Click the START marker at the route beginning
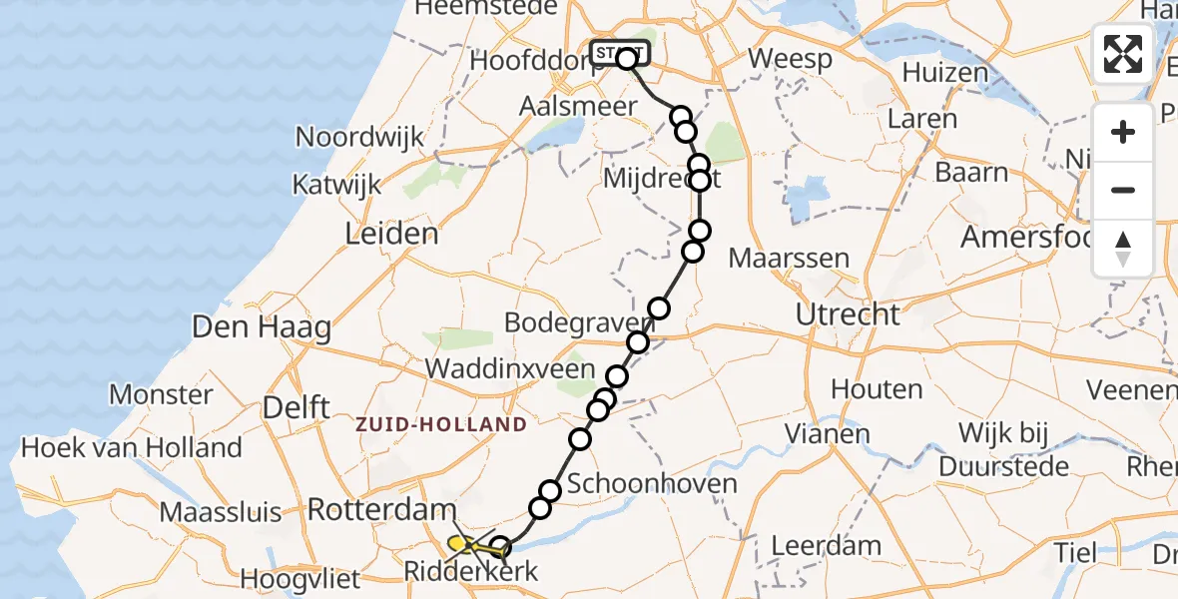point(619,53)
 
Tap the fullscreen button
point(1123,54)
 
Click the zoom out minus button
point(1123,190)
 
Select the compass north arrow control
point(1123,248)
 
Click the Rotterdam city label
point(381,510)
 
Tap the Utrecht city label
point(848,315)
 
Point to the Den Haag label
point(262,326)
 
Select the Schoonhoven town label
point(652,485)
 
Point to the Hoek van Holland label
point(132,448)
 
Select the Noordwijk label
point(360,137)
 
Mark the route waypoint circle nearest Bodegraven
point(658,308)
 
